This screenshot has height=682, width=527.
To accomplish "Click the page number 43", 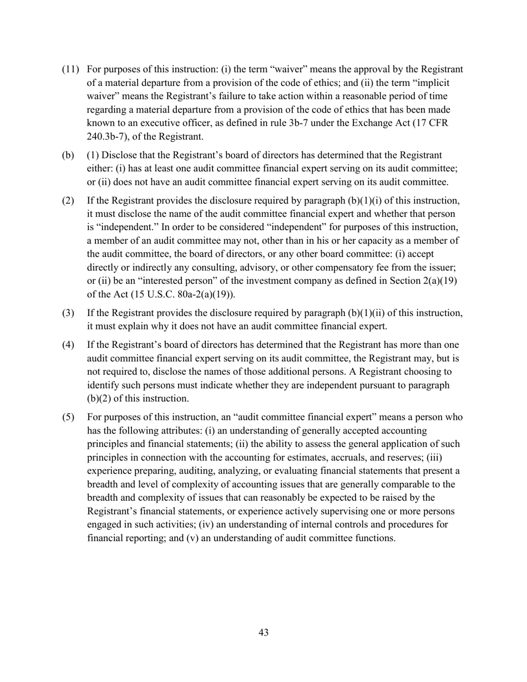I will point(263,632).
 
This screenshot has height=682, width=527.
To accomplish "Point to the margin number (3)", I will point(68,313).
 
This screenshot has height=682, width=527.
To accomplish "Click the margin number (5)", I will point(68,418).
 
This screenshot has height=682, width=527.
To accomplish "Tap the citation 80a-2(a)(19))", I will point(203,294).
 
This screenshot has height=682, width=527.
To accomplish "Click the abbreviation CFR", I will point(437,123).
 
